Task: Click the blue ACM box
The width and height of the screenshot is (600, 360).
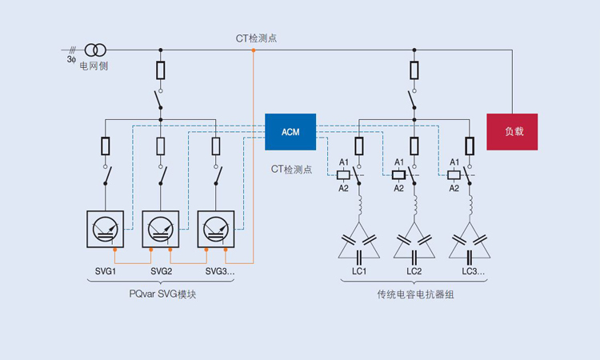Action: [290, 132]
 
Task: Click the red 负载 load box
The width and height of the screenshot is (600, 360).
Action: [512, 132]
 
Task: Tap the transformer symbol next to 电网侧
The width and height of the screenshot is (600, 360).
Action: [94, 50]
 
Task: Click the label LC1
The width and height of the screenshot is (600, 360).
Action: [358, 272]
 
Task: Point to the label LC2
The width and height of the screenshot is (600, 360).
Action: [414, 272]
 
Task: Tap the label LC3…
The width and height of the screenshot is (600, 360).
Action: [471, 272]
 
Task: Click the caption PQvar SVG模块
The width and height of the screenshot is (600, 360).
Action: [162, 294]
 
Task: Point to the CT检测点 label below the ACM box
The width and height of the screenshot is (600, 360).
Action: [291, 170]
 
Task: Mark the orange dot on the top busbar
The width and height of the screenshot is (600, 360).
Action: [253, 50]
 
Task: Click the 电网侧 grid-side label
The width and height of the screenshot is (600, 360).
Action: [93, 66]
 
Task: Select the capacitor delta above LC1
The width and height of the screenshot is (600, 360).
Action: [358, 244]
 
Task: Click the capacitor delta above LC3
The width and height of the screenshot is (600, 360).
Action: [470, 244]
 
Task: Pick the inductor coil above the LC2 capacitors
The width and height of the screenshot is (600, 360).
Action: [414, 209]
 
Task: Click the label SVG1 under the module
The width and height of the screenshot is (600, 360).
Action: [104, 272]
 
